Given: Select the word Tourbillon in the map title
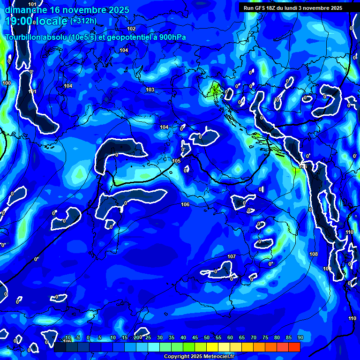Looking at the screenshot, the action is (x=23, y=37).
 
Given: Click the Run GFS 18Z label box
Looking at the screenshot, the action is (x=293, y=8).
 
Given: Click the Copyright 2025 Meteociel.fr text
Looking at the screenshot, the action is (x=203, y=356).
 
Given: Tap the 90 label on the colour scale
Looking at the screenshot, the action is (x=300, y=338).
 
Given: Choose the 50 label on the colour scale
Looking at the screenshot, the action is (x=207, y=338).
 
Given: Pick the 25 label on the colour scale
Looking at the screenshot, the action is (x=148, y=338).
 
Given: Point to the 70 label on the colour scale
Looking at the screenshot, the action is (x=254, y=338).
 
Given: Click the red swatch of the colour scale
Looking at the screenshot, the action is (x=294, y=347).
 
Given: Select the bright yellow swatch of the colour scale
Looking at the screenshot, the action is (x=212, y=347).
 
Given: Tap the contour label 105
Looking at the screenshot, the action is (x=176, y=161).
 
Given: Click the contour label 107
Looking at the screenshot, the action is (x=232, y=256).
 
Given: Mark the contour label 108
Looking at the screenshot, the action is (x=314, y=254).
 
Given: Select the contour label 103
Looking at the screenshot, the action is (x=150, y=90).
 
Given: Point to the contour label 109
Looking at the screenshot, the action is (x=327, y=269).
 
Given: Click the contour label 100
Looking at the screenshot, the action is (x=7, y=83).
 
